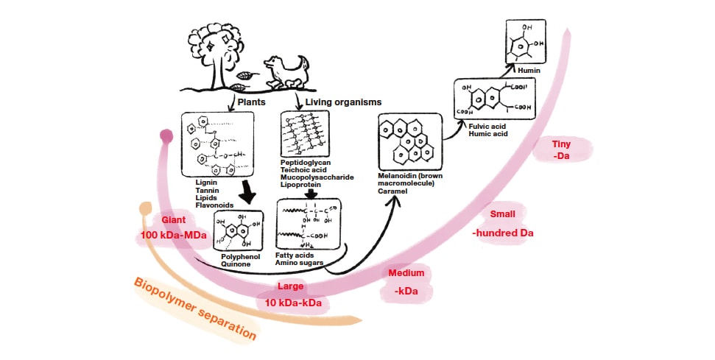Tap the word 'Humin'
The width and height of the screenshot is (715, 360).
point(529,71)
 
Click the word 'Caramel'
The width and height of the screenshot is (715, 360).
point(394,191)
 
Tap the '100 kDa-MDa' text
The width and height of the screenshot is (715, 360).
point(173,235)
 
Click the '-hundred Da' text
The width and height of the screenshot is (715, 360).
point(502,233)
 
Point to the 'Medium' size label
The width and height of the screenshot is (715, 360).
point(406,273)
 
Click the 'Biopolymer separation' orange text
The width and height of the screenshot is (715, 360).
point(196,308)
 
